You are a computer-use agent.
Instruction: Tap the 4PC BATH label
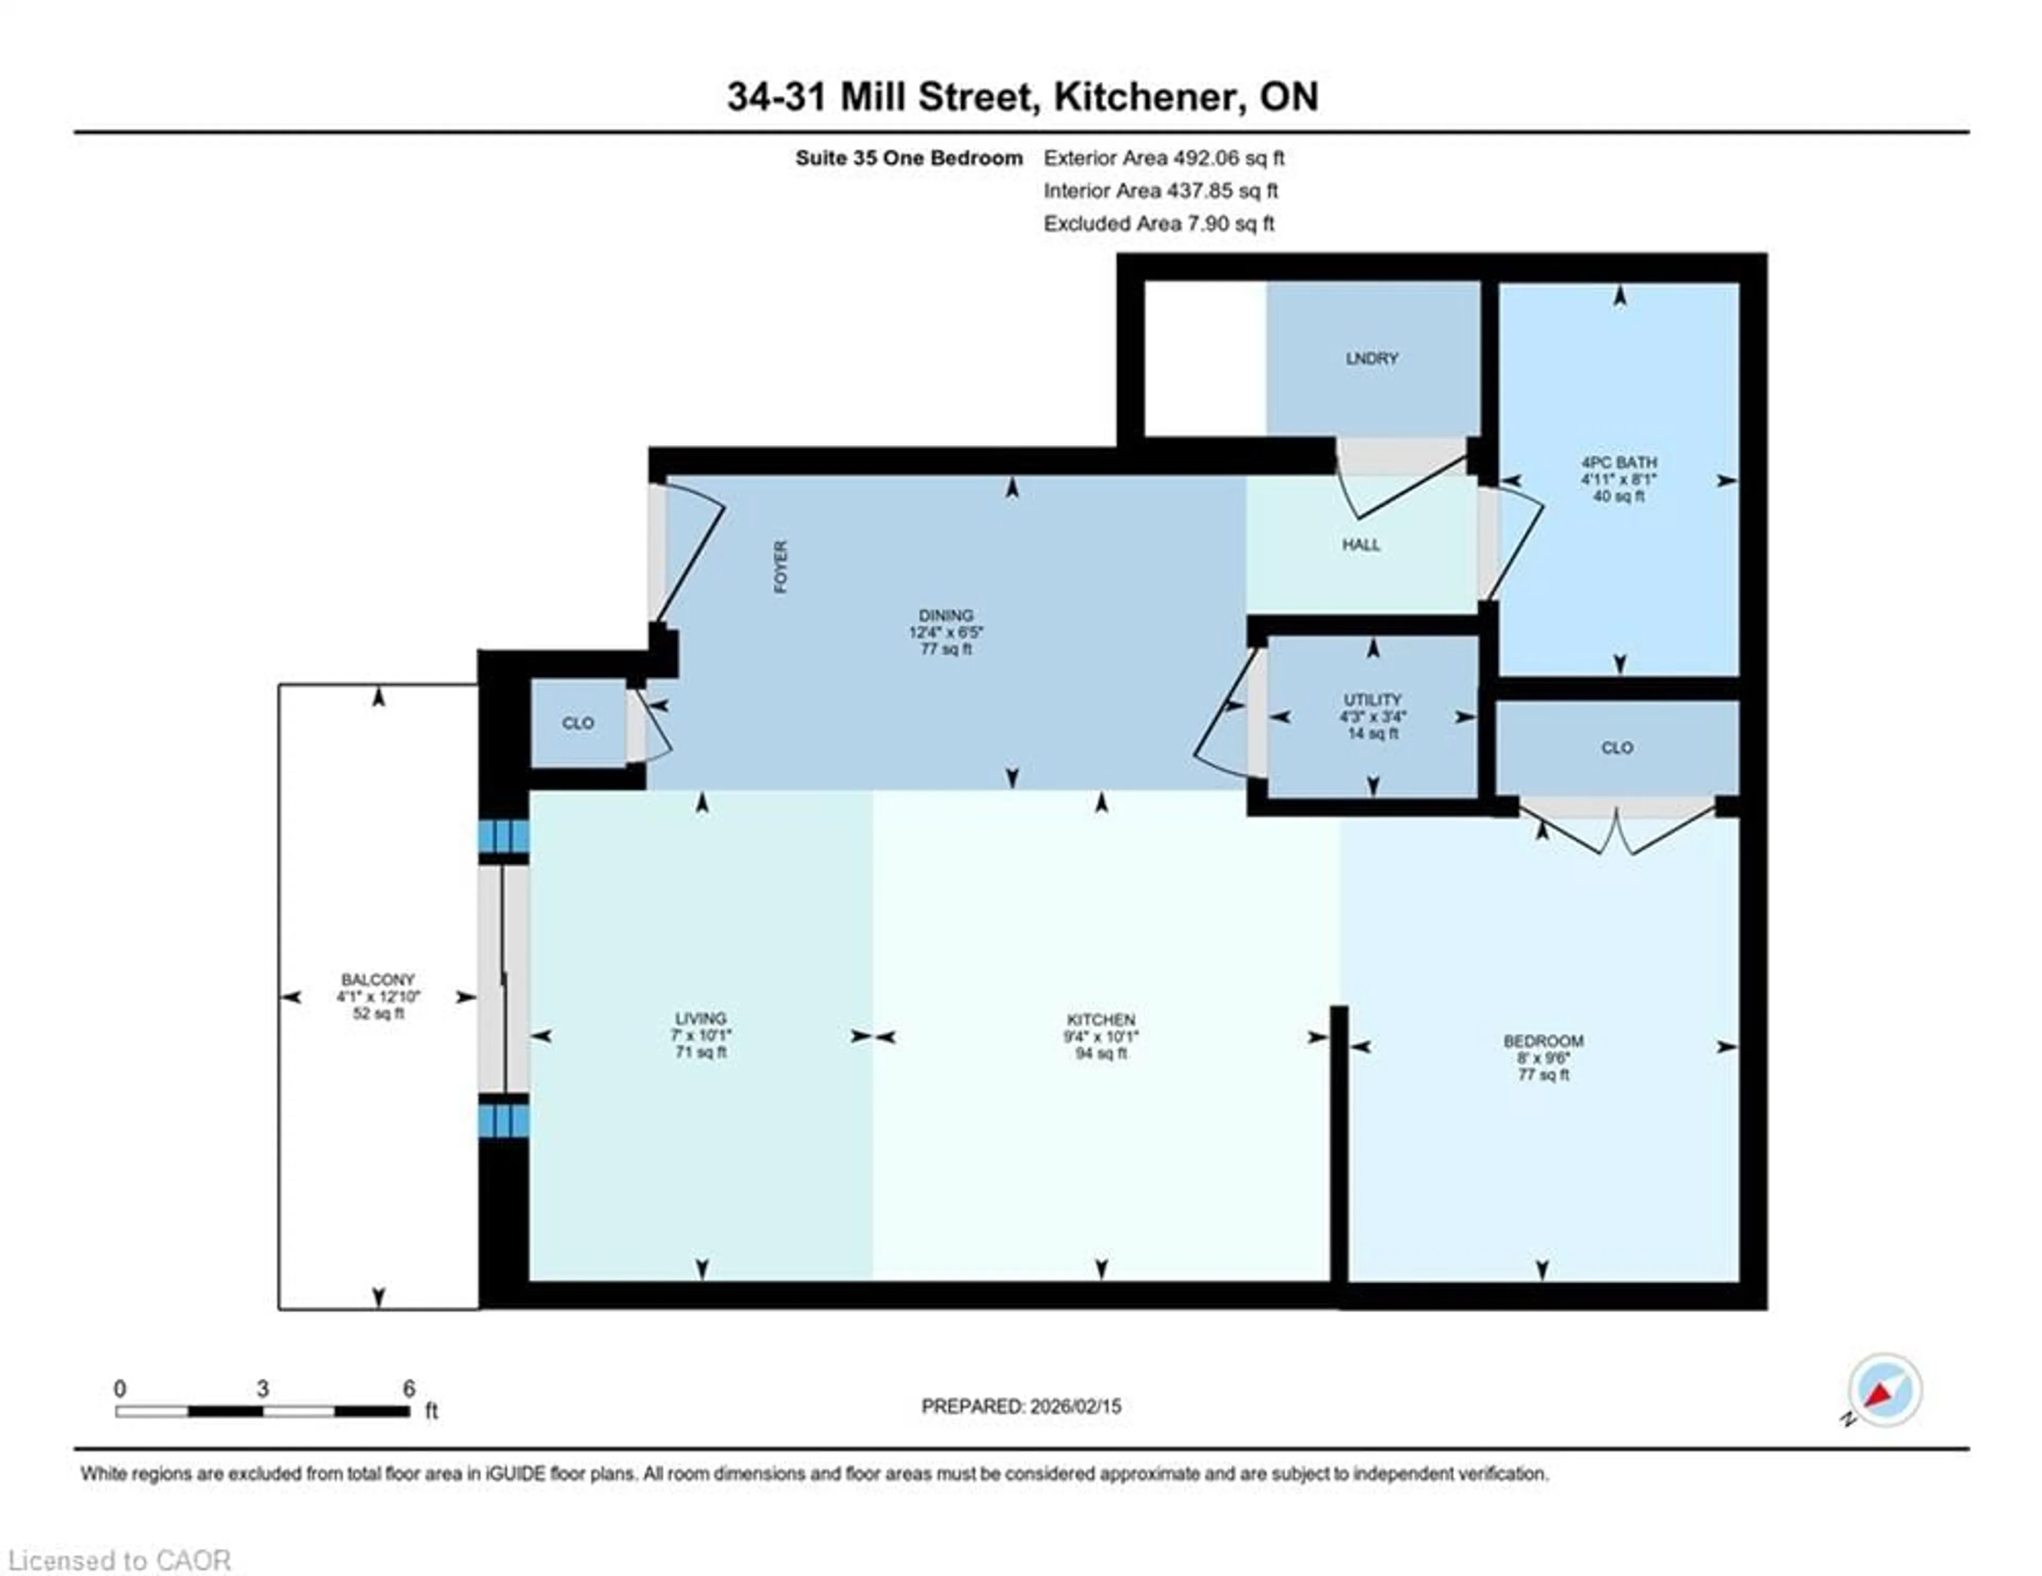(1619, 462)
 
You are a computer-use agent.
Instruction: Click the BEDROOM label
(1543, 1041)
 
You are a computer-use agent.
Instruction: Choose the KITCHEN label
(1100, 1020)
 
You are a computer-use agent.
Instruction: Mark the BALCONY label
(378, 979)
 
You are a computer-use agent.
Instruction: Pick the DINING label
(945, 615)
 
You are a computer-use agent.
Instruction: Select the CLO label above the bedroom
(1617, 748)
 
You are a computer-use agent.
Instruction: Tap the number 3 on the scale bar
(263, 1389)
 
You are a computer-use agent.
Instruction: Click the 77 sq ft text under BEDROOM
(1543, 1075)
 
